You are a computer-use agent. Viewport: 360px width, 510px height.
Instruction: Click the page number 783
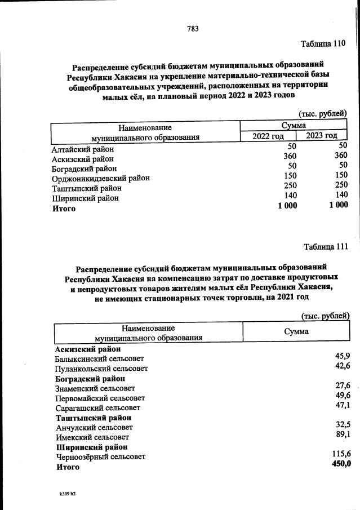pyautogui.click(x=193, y=29)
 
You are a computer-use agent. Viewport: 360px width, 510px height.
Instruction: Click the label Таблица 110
pyautogui.click(x=322, y=43)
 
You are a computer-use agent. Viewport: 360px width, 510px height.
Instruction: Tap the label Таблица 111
pyautogui.click(x=326, y=246)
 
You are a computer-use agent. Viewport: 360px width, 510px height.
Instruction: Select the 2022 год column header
pyautogui.click(x=268, y=136)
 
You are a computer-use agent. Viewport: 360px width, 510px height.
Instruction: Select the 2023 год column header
pyautogui.click(x=322, y=135)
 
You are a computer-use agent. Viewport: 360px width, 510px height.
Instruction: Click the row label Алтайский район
pyautogui.click(x=82, y=149)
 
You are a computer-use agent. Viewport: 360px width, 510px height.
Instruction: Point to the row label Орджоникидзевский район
pyautogui.click(x=100, y=178)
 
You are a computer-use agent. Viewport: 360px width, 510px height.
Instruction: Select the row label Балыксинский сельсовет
pyautogui.click(x=99, y=358)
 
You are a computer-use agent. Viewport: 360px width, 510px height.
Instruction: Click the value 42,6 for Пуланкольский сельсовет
pyautogui.click(x=343, y=366)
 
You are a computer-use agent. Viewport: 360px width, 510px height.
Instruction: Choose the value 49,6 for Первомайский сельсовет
pyautogui.click(x=343, y=396)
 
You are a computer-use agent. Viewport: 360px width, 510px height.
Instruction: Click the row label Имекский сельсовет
pyautogui.click(x=92, y=437)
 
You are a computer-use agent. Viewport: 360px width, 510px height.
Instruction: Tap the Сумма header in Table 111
pyautogui.click(x=296, y=331)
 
